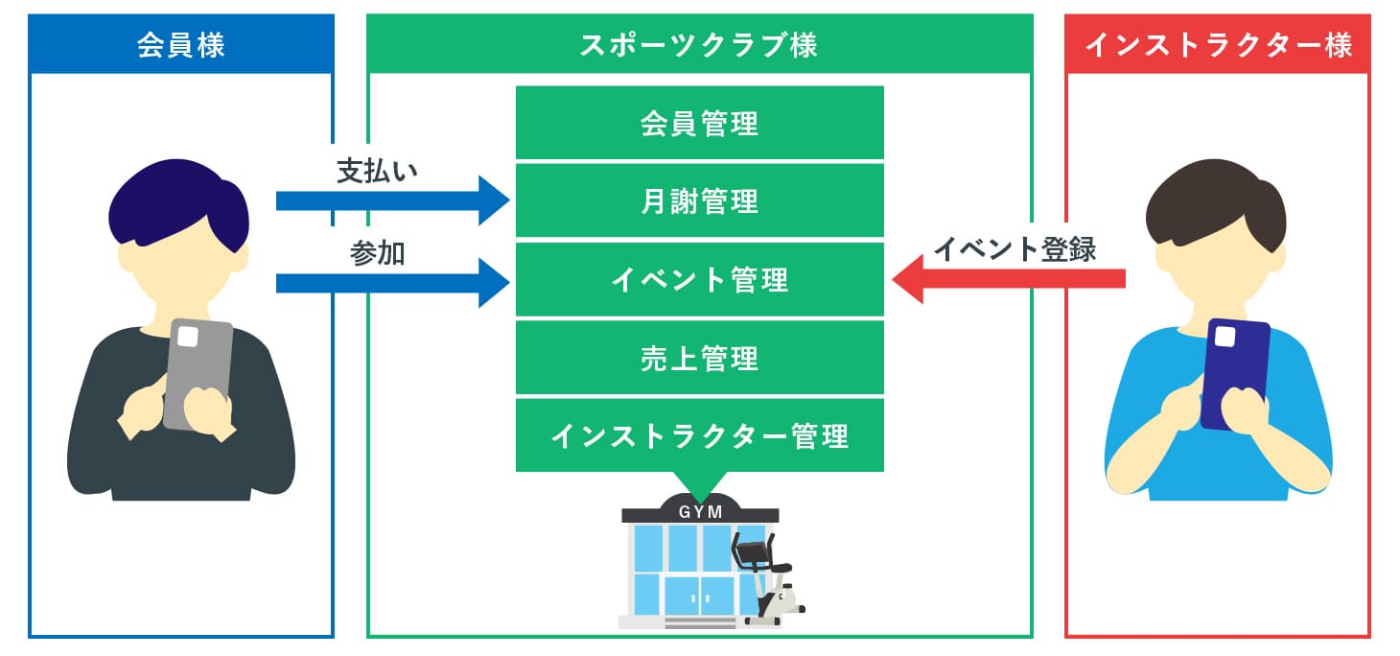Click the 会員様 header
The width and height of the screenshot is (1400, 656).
[x=181, y=45]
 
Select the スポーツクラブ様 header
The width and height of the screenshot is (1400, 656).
[x=699, y=45]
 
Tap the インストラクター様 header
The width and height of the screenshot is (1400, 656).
[x=1218, y=45]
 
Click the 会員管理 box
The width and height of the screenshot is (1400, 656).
[x=699, y=123]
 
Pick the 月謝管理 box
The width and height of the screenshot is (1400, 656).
[x=699, y=201]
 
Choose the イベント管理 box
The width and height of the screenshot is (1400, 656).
[x=699, y=280]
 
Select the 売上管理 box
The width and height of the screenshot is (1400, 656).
[x=699, y=358]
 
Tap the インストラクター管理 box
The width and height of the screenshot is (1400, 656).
[x=699, y=436]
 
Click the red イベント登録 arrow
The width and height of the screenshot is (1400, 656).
[x=1007, y=278]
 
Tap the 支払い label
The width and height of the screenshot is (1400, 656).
[x=377, y=172]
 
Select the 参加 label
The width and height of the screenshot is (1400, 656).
[x=377, y=254]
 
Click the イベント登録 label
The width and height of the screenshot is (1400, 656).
[x=1015, y=248]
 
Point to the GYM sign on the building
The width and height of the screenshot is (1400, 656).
[x=700, y=511]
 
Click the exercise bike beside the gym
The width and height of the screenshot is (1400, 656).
[x=767, y=580]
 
